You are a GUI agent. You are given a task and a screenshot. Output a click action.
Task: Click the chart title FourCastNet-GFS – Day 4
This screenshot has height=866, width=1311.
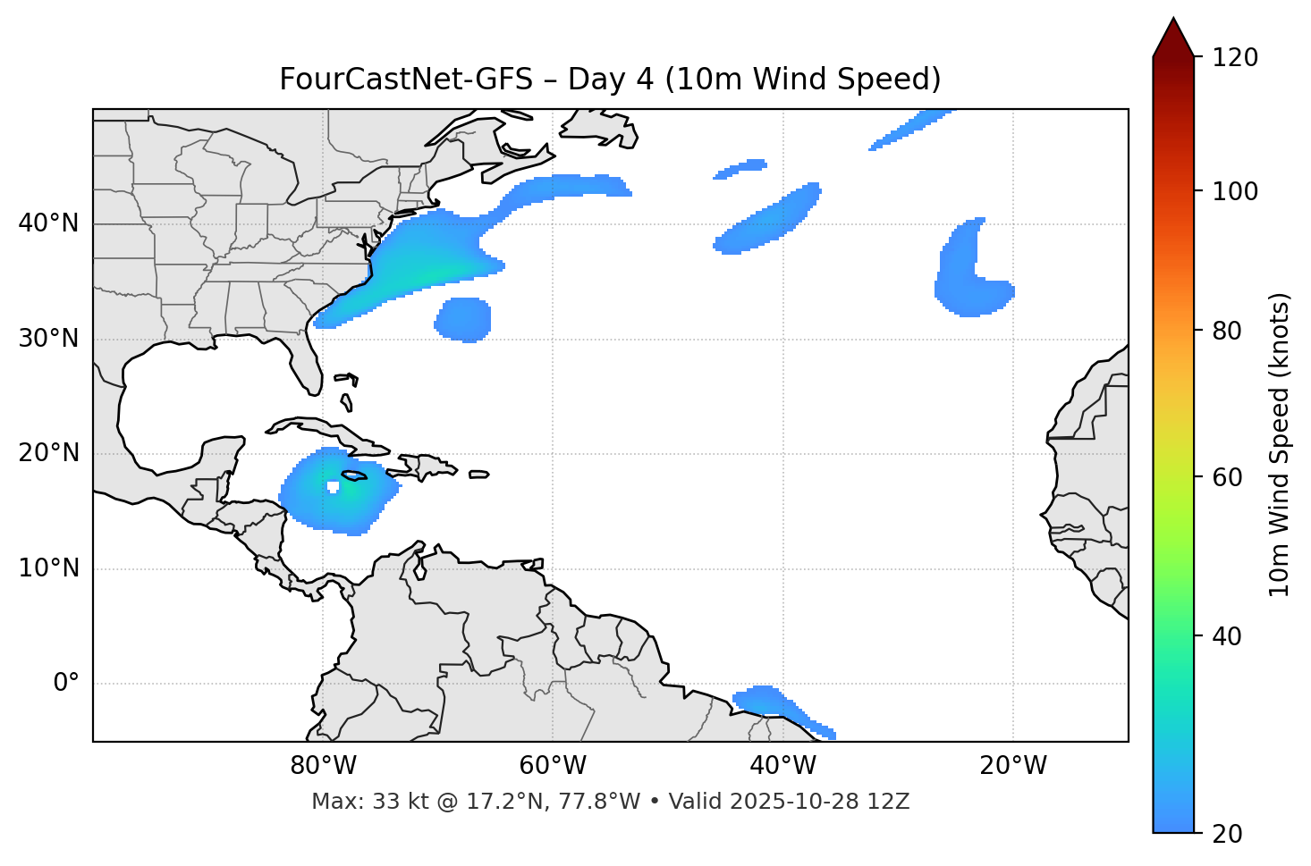click(610, 80)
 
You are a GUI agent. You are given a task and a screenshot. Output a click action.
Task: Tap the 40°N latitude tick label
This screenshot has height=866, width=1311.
click(48, 223)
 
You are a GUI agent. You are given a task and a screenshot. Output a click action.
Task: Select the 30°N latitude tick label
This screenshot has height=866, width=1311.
click(48, 339)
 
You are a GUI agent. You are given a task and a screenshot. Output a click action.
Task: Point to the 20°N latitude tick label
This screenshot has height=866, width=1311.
click(48, 453)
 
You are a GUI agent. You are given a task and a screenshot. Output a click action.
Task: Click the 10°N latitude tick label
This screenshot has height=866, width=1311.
click(48, 568)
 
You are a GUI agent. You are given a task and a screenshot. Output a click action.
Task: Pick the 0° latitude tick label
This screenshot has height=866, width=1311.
click(66, 684)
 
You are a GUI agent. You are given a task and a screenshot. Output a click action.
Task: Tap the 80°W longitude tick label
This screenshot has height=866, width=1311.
click(323, 766)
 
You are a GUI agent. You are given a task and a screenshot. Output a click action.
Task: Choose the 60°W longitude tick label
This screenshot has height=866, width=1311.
click(553, 766)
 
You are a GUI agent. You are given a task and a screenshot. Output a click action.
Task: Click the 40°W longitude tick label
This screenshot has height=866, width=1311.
click(782, 766)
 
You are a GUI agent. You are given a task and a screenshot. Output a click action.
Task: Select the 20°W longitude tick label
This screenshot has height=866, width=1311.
click(1012, 766)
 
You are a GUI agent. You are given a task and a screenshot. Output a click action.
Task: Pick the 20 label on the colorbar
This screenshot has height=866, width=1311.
click(1227, 834)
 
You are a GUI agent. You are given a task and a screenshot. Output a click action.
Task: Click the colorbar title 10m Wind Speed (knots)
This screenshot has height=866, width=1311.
click(1280, 444)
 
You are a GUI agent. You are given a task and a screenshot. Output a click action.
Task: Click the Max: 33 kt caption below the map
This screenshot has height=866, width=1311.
click(610, 802)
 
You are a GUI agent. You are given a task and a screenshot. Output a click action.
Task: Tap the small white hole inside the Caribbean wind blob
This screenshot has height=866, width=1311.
click(333, 487)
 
